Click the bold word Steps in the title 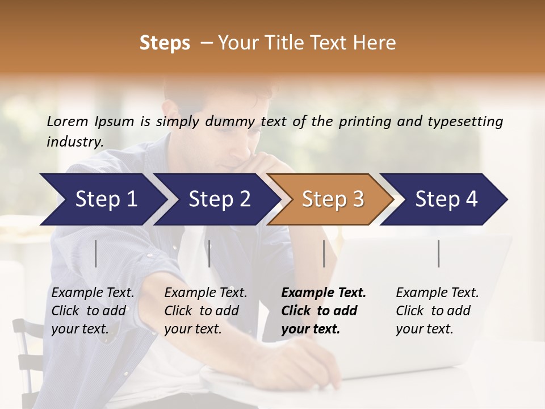(x=165, y=43)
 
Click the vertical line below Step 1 (x=96, y=253)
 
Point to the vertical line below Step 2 (x=209, y=253)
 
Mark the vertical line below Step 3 (x=324, y=253)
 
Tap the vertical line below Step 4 (x=439, y=253)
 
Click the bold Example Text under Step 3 (x=324, y=310)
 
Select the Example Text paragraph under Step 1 (x=93, y=310)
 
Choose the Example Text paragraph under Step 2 (x=206, y=310)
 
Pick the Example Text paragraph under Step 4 (x=437, y=310)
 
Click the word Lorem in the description (x=68, y=122)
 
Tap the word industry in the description (x=74, y=142)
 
